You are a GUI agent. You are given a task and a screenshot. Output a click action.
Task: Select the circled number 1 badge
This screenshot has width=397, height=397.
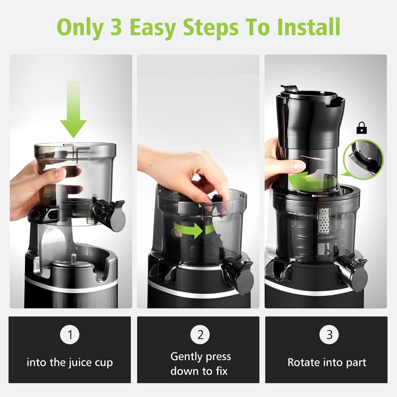[70, 335]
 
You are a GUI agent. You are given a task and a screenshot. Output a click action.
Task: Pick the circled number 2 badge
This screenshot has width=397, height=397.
[200, 335]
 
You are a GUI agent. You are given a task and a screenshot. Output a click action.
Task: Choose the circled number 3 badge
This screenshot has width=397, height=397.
[329, 335]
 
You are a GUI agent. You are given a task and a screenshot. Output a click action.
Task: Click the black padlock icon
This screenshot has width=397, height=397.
[362, 128]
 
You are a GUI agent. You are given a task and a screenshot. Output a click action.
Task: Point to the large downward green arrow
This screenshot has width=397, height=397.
[73, 109]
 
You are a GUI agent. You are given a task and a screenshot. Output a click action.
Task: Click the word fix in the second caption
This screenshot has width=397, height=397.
[222, 371]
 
